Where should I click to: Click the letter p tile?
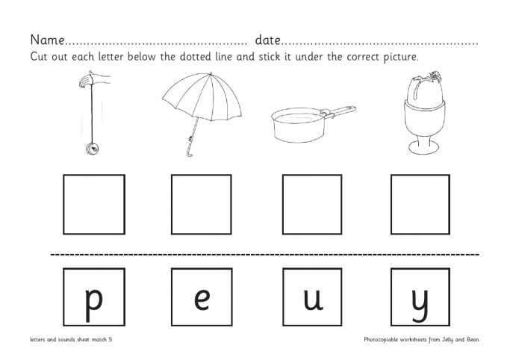[x=94, y=297]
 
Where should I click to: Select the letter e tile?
[x=202, y=297]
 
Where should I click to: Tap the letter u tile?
[x=312, y=297]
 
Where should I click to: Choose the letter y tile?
[x=420, y=297]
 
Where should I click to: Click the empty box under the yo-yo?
[x=94, y=204]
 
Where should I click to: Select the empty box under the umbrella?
[x=202, y=204]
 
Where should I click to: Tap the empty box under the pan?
[x=312, y=204]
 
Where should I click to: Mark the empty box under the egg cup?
[x=420, y=204]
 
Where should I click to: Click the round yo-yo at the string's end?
[x=93, y=149]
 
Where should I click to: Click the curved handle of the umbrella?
[x=190, y=152]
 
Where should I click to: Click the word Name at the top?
[x=48, y=40]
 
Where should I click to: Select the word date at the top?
[x=267, y=40]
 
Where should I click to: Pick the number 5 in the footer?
[x=111, y=339]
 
